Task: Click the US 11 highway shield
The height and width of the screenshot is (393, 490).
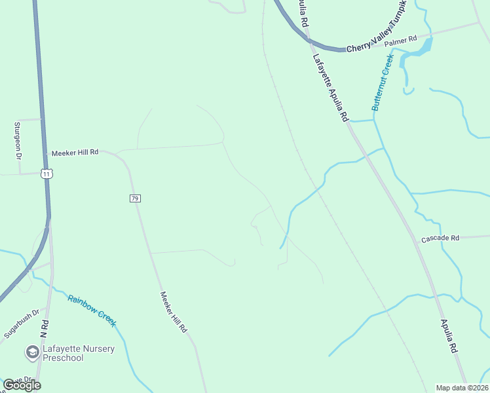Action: point(45,174)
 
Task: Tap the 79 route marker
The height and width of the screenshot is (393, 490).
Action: point(135,198)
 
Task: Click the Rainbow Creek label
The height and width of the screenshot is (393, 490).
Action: point(92,310)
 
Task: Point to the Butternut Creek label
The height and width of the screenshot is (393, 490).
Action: point(381,83)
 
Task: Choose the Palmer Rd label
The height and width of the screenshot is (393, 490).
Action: point(400,42)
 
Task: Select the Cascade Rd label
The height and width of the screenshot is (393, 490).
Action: point(440,238)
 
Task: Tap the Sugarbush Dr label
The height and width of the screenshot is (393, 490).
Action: point(22,324)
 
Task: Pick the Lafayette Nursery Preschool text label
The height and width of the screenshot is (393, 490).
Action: point(79,353)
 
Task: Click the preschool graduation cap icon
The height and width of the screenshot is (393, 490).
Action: point(31,353)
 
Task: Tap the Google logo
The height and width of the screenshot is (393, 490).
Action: point(22,385)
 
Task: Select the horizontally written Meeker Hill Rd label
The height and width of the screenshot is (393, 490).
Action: point(75,152)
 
